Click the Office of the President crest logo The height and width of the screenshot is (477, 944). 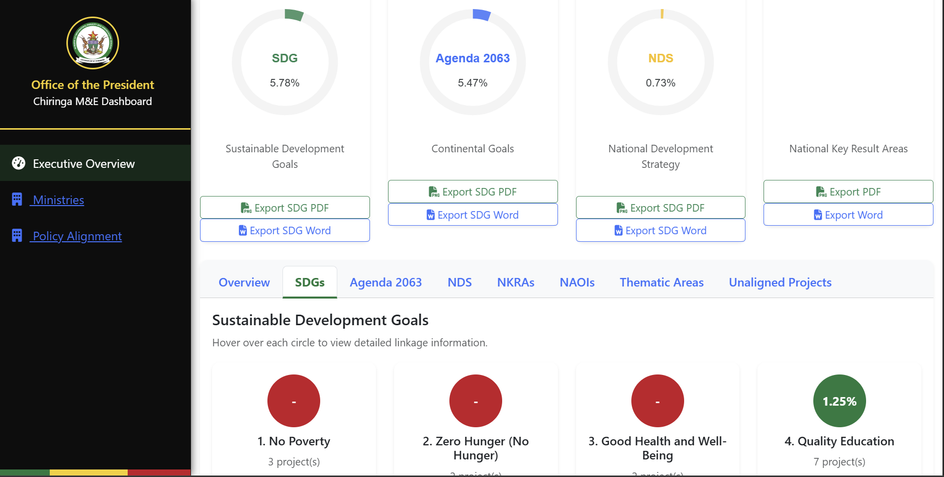pos(92,43)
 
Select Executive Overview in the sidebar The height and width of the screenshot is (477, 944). pos(83,164)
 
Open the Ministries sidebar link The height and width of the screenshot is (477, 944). pos(58,200)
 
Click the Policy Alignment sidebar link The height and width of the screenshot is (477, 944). pos(77,236)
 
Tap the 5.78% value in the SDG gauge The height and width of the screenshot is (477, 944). pos(285,83)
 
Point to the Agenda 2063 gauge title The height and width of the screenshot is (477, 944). pos(473,58)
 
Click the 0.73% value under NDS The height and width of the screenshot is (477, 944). pos(660,83)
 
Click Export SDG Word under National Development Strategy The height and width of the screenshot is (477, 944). pos(660,231)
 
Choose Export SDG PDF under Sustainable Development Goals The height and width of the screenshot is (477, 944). pos(285,208)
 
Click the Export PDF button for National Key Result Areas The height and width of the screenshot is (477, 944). pos(848,192)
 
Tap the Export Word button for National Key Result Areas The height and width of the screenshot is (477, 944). pos(848,215)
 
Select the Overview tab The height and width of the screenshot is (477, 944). pos(244,282)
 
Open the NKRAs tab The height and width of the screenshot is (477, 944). pos(516,282)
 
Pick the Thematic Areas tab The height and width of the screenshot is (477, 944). pos(662,282)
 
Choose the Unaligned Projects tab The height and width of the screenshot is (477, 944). pos(780,282)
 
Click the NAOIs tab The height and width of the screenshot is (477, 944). pos(577,282)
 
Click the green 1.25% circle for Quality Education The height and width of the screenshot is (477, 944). pos(839,401)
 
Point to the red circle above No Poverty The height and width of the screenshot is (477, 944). pos(294,401)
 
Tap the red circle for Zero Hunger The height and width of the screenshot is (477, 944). pos(476,401)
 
